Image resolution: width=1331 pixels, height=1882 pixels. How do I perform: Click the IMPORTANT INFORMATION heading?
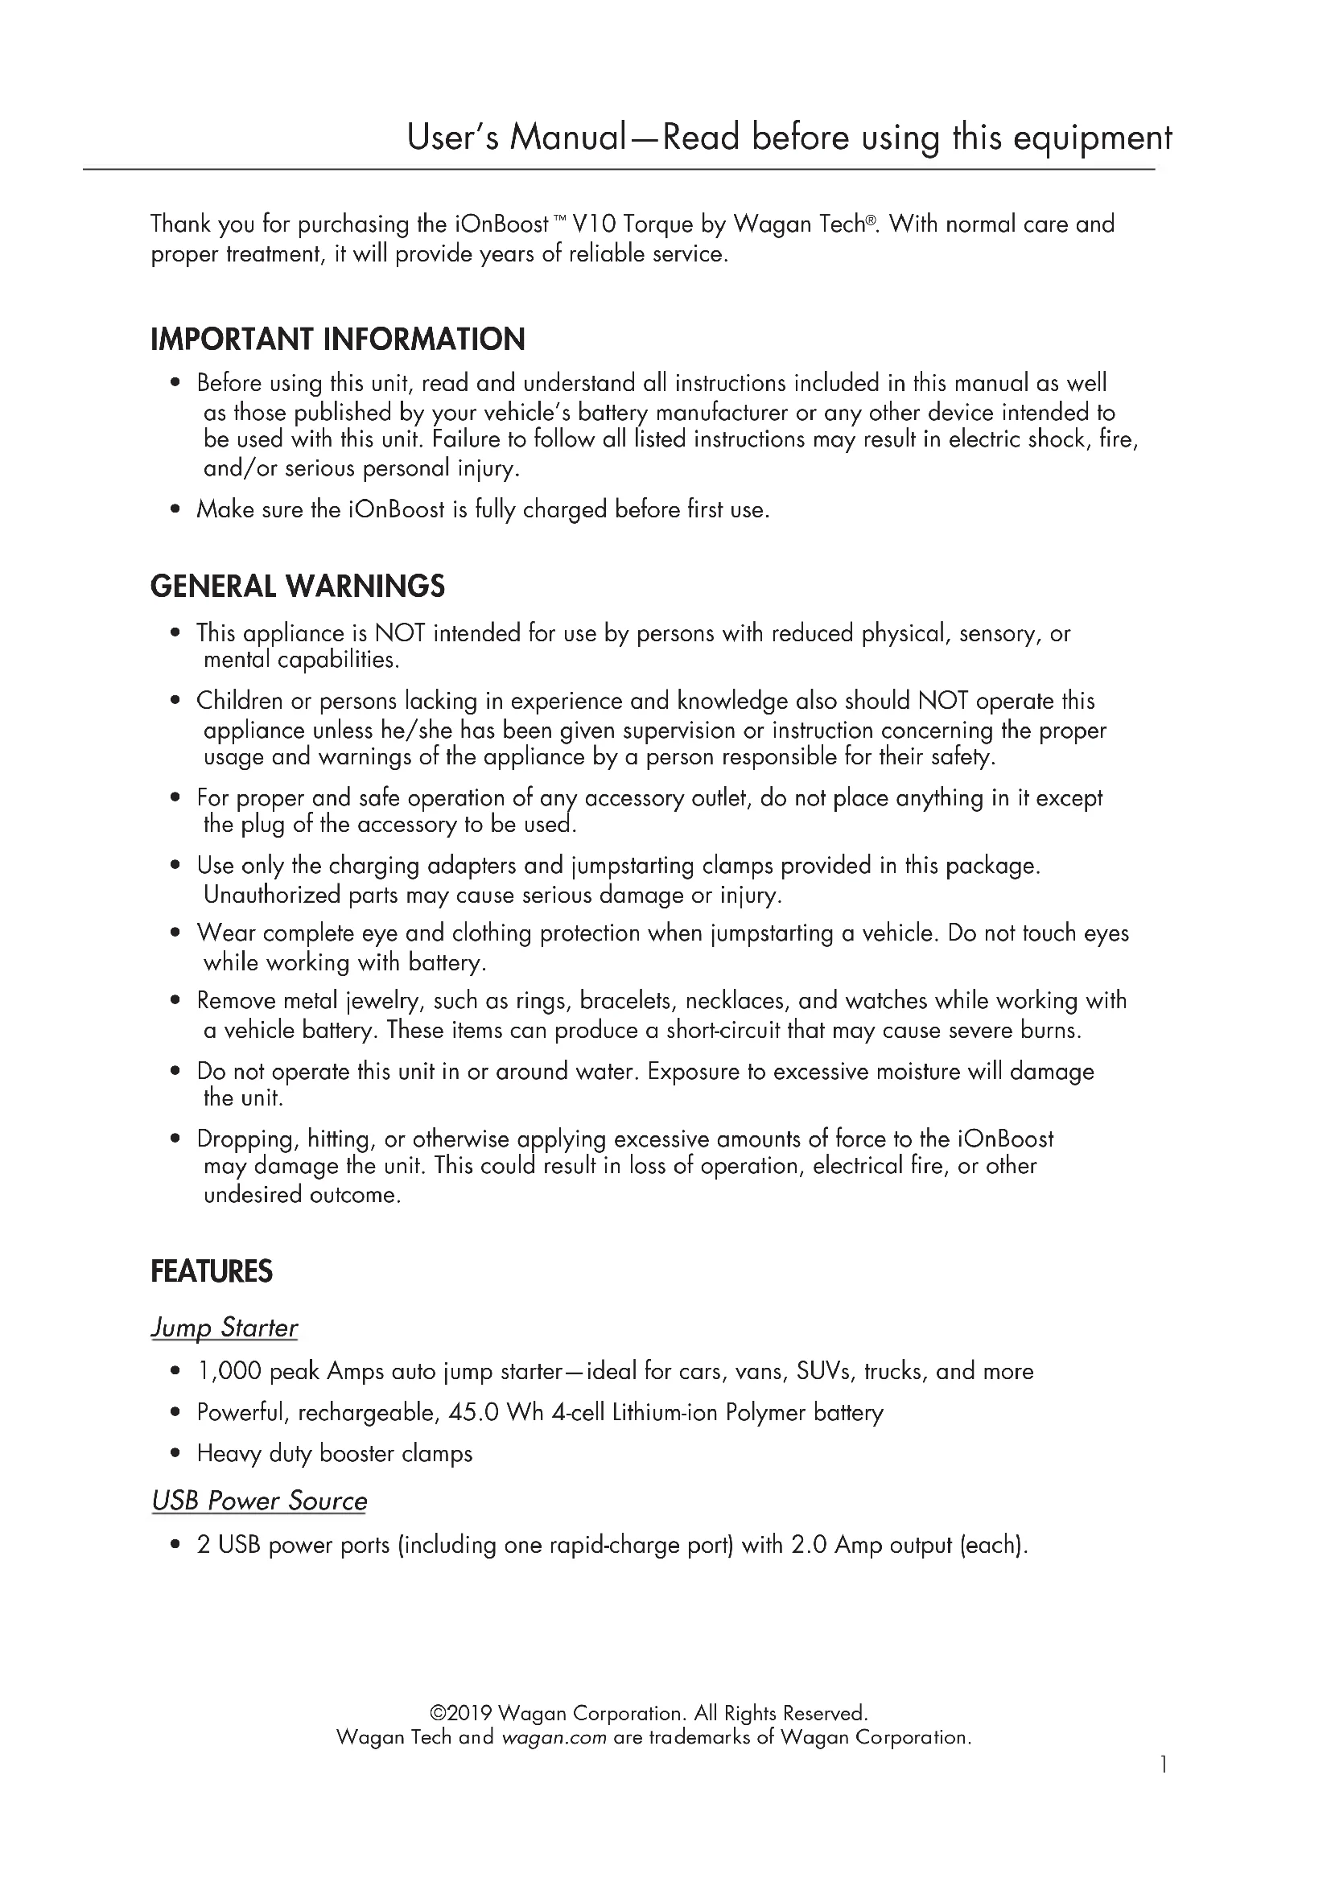pyautogui.click(x=338, y=340)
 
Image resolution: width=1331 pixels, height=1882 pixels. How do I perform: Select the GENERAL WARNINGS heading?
pyautogui.click(x=298, y=586)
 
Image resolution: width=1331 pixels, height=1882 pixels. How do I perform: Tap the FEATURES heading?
pyautogui.click(x=212, y=1271)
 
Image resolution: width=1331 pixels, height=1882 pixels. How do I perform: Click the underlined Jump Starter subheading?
pyautogui.click(x=224, y=1328)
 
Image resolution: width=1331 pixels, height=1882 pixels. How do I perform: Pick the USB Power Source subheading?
pyautogui.click(x=259, y=1501)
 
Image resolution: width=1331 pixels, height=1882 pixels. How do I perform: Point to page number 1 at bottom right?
pyautogui.click(x=1163, y=1787)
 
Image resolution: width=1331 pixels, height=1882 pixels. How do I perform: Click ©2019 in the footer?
pyautogui.click(x=460, y=1713)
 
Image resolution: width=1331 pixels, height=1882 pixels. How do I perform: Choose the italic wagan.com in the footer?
pyautogui.click(x=554, y=1737)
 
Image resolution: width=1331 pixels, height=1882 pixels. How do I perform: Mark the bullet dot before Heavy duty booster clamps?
pyautogui.click(x=175, y=1454)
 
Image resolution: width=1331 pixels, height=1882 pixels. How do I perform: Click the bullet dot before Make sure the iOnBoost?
pyautogui.click(x=175, y=510)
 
